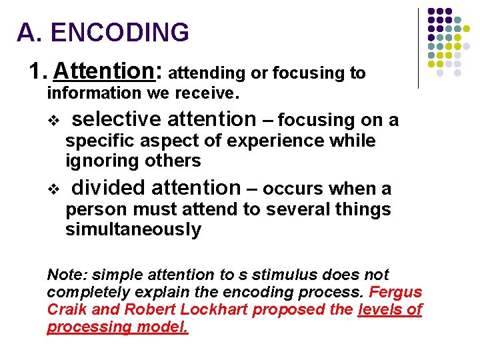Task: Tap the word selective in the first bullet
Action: [x=117, y=119]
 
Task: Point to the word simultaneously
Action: [x=133, y=230]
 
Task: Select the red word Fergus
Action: [x=395, y=293]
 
